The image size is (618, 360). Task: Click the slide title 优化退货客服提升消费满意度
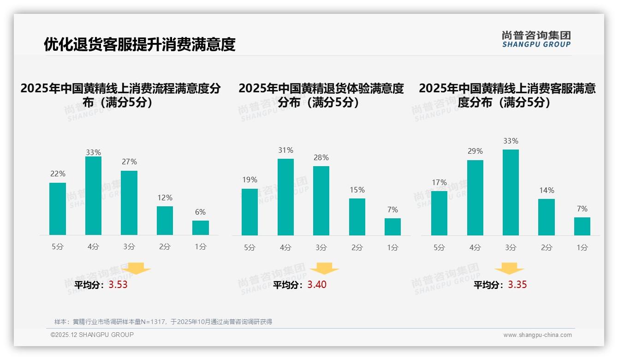pyautogui.click(x=139, y=44)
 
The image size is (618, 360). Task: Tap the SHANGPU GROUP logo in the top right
pyautogui.click(x=536, y=39)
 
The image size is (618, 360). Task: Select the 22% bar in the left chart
pyautogui.click(x=58, y=209)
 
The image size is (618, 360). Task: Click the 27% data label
pyautogui.click(x=129, y=162)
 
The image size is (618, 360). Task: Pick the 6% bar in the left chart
pyautogui.click(x=201, y=228)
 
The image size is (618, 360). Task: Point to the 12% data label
pyautogui.click(x=165, y=198)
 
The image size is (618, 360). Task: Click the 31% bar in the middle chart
pyautogui.click(x=285, y=197)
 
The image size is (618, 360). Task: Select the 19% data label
pyautogui.click(x=250, y=180)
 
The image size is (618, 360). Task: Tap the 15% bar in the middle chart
pyautogui.click(x=357, y=216)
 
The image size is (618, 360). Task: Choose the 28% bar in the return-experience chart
pyautogui.click(x=321, y=200)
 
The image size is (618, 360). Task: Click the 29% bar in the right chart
pyautogui.click(x=475, y=198)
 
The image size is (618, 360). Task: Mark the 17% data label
pyautogui.click(x=439, y=182)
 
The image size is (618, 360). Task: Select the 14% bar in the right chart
pyautogui.click(x=547, y=217)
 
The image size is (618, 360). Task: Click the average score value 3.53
pyautogui.click(x=118, y=285)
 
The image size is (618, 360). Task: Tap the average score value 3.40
pyautogui.click(x=317, y=285)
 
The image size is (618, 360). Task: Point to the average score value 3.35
pyautogui.click(x=517, y=285)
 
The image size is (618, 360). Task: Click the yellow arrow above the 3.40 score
pyautogui.click(x=324, y=269)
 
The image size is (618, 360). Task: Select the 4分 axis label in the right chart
pyautogui.click(x=475, y=247)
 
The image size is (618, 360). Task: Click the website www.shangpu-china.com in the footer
pyautogui.click(x=537, y=335)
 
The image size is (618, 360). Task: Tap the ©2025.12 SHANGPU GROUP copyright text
pyautogui.click(x=92, y=335)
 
